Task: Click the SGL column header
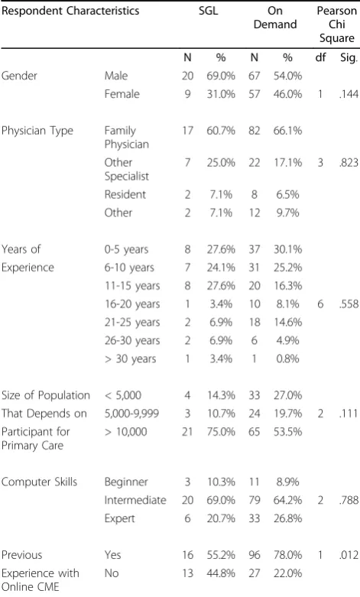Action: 208,11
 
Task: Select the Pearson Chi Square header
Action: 337,24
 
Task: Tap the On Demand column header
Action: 275,18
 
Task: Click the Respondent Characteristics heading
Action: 70,11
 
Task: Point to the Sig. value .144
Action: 349,94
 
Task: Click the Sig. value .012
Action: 349,555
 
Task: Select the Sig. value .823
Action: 349,163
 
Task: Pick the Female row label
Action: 122,94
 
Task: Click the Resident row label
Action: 125,195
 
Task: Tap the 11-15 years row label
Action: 132,286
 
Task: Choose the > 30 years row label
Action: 130,359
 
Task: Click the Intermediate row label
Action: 135,500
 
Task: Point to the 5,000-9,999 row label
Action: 131,414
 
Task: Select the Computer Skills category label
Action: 39,482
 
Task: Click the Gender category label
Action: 19,76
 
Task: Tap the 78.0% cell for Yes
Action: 287,555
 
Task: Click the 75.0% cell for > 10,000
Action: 221,432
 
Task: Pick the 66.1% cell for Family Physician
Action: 287,131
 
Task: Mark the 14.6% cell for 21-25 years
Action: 287,323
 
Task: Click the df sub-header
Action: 320,57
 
